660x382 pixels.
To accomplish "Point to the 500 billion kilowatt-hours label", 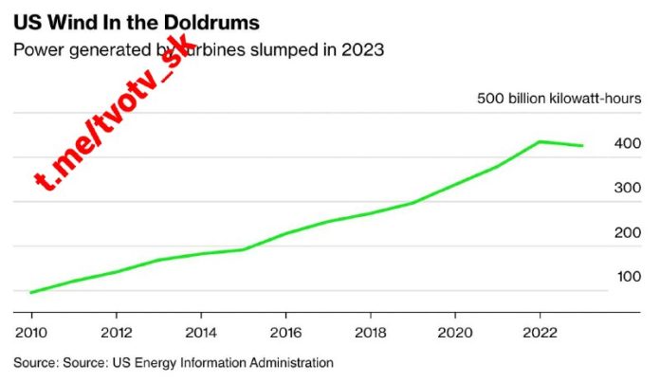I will pyautogui.click(x=559, y=99).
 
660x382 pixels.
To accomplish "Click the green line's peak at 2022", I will pyautogui.click(x=540, y=141).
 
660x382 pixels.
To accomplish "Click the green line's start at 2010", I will pyautogui.click(x=31, y=292).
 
